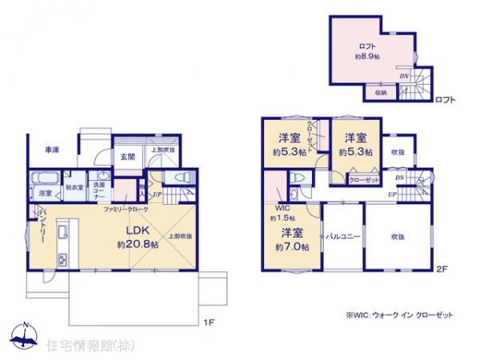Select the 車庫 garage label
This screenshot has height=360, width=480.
(53, 150)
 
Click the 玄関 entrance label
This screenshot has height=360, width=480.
(127, 157)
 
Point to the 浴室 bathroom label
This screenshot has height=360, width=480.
(45, 193)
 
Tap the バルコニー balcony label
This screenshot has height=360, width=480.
(343, 237)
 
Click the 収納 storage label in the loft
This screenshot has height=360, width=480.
(380, 93)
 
